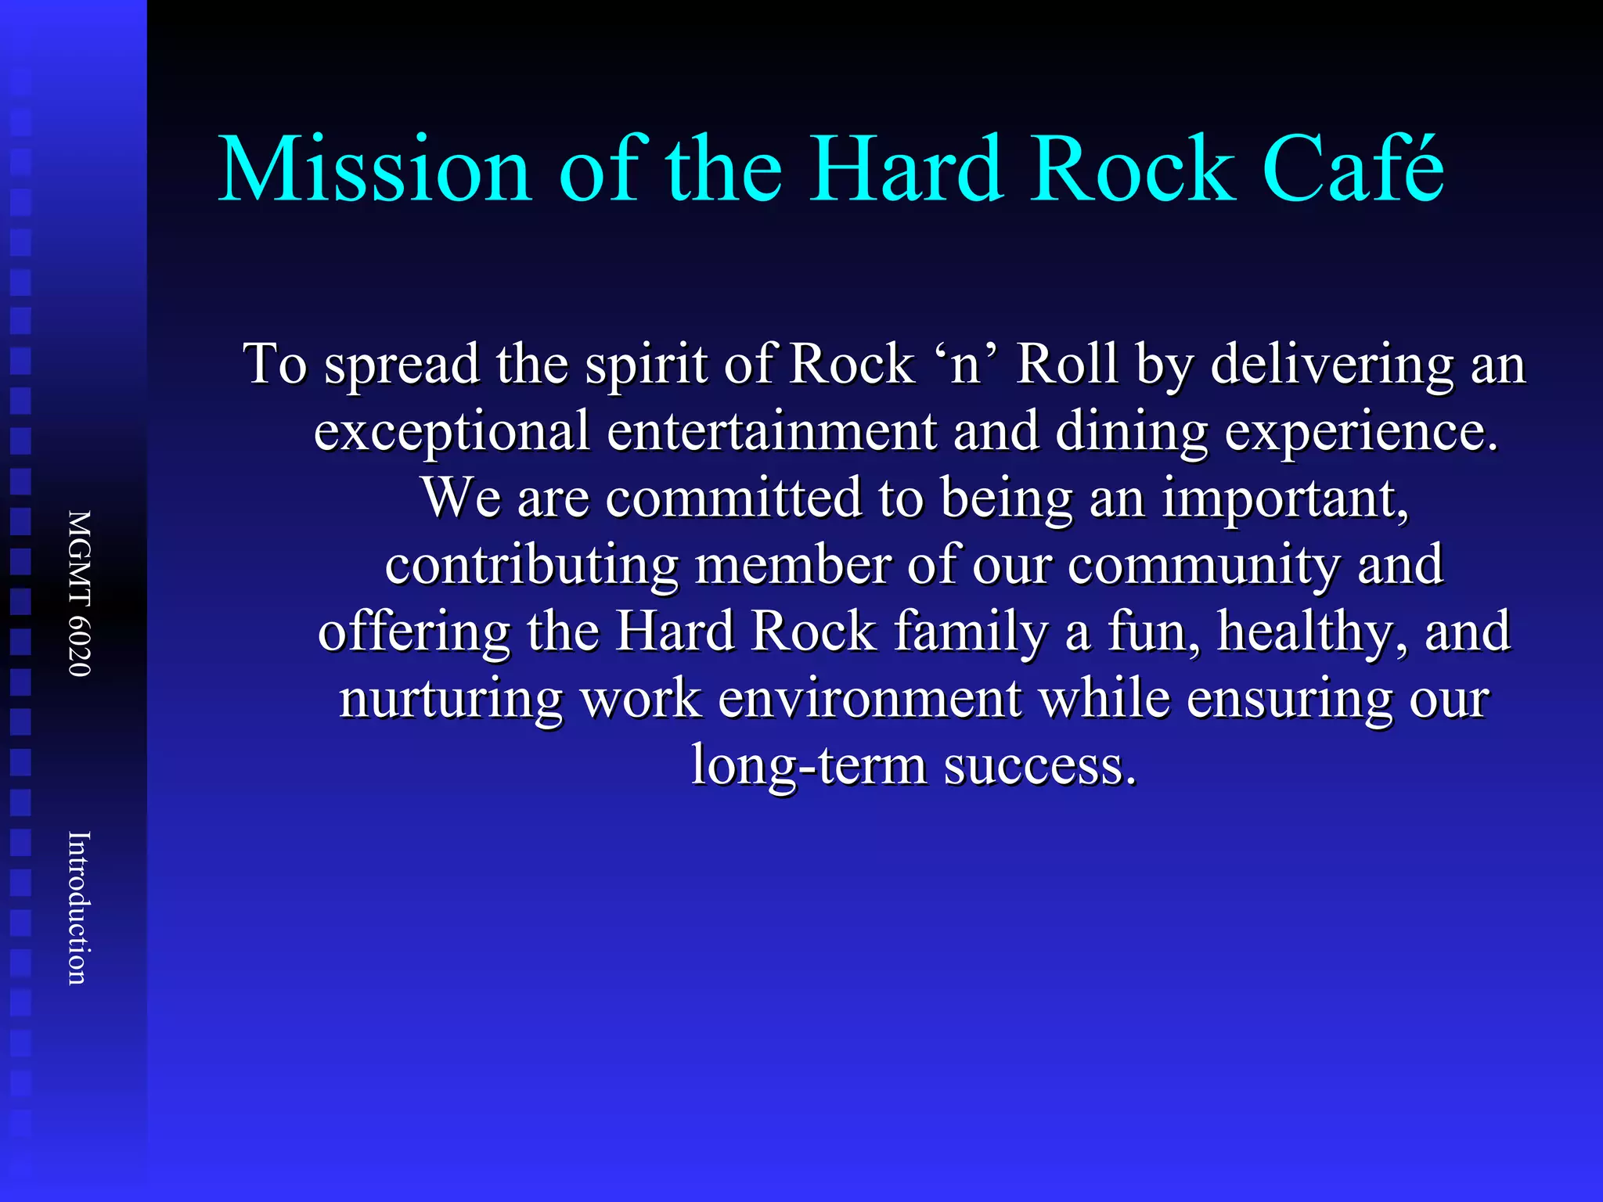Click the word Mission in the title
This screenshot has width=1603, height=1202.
click(x=375, y=170)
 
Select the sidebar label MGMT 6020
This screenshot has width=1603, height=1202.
click(x=80, y=593)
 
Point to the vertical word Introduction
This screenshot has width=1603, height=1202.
click(x=80, y=908)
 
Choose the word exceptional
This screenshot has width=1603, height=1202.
click(x=452, y=433)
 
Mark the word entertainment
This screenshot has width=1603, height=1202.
click(x=772, y=431)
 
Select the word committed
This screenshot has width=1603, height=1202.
click(x=733, y=498)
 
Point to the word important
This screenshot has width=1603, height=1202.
click(x=1284, y=499)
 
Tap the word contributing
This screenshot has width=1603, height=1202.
click(x=531, y=566)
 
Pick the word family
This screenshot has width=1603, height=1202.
click(x=971, y=632)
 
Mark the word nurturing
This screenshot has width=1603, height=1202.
click(x=450, y=699)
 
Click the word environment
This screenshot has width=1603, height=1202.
click(x=870, y=699)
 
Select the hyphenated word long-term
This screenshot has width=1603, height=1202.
click(x=809, y=765)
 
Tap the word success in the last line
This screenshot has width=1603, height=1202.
click(x=1040, y=765)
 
